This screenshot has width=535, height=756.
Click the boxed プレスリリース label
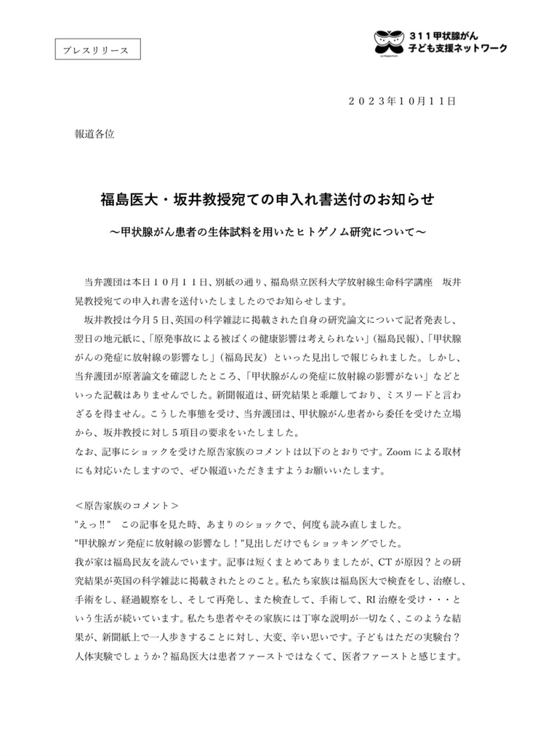(97, 49)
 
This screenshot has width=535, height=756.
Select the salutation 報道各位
(94, 134)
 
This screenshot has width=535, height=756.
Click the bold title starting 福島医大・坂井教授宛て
(267, 199)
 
